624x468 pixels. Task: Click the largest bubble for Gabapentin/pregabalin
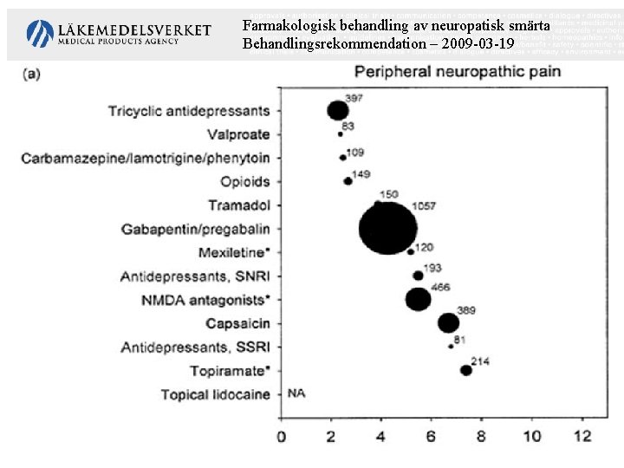[387, 229]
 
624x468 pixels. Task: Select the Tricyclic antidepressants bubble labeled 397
[337, 110]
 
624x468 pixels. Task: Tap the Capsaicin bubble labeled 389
[448, 323]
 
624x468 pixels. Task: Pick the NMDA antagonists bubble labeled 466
[418, 299]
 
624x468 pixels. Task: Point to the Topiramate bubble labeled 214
[466, 370]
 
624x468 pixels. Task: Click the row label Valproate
[238, 134]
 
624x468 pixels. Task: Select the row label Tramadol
[238, 205]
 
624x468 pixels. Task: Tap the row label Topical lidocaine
[215, 394]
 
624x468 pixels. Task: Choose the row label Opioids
[244, 182]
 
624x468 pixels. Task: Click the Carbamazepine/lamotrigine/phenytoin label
[146, 158]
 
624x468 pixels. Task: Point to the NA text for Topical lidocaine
[296, 393]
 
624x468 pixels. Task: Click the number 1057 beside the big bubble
[423, 206]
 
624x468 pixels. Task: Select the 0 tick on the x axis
[281, 436]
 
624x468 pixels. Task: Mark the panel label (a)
[31, 74]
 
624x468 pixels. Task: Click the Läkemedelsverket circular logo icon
[40, 34]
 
